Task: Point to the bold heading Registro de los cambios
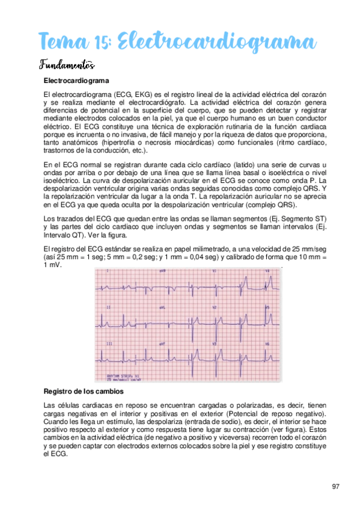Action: pos(87,391)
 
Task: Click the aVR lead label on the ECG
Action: pos(162,271)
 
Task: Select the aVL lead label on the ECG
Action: pos(162,307)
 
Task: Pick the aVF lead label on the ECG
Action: pos(162,343)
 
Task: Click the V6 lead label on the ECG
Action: pos(267,343)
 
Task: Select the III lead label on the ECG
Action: pos(109,343)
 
